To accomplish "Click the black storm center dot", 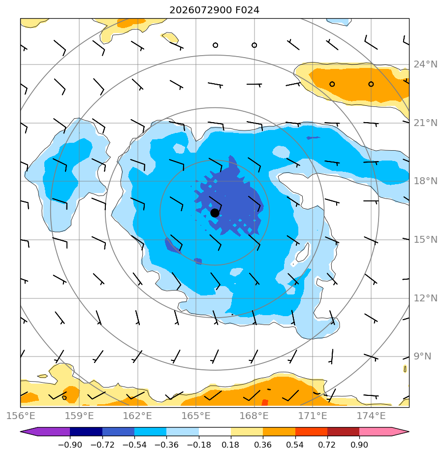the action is point(215,213).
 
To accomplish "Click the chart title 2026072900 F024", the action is point(214,10).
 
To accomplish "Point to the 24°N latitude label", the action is point(425,64).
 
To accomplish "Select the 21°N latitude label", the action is point(425,123).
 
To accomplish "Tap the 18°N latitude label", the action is point(425,181).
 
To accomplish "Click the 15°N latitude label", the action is point(425,239).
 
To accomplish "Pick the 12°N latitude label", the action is point(425,298).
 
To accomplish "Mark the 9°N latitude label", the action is point(422,357).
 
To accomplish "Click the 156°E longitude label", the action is point(21,416).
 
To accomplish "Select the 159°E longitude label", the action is point(79,416).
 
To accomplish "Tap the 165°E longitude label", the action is point(196,416).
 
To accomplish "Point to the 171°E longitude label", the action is point(313,416).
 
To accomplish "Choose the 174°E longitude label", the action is point(371,416).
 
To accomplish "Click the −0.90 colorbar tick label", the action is point(70,445).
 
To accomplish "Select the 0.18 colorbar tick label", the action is point(230,445).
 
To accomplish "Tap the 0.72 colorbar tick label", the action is point(327,445).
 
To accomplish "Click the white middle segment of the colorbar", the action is point(215,431).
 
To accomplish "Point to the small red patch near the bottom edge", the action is point(265,402).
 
